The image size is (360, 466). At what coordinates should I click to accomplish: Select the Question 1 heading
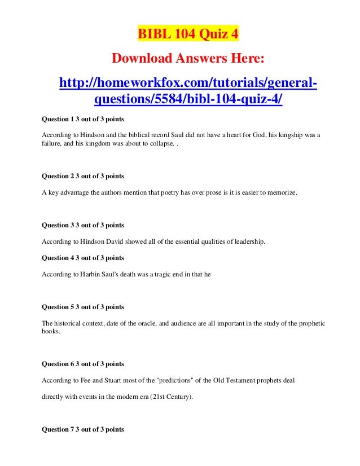[83, 120]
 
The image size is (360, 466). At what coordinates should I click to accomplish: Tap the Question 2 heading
[83, 177]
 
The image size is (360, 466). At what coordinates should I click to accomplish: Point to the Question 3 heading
[83, 226]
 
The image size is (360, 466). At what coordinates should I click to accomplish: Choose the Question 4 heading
[83, 258]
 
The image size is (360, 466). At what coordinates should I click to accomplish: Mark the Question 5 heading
[83, 307]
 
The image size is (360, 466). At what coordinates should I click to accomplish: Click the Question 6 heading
[83, 364]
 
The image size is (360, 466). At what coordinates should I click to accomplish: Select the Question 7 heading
[83, 430]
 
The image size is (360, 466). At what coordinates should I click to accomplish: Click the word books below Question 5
[51, 332]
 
